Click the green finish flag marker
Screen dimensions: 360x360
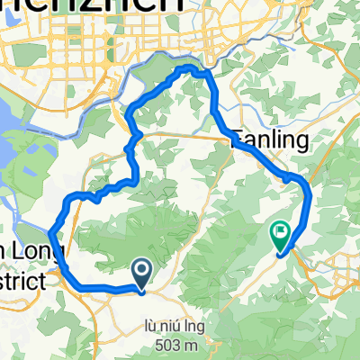click(x=280, y=235)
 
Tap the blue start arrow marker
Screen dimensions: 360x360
click(x=142, y=269)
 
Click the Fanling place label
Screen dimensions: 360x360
click(x=270, y=139)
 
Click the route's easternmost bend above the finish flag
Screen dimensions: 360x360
click(x=309, y=193)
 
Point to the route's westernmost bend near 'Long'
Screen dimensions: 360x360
click(x=49, y=233)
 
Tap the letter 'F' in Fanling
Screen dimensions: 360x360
click(x=238, y=139)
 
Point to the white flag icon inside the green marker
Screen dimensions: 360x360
click(x=280, y=233)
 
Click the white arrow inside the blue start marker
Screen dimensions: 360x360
click(x=142, y=267)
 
